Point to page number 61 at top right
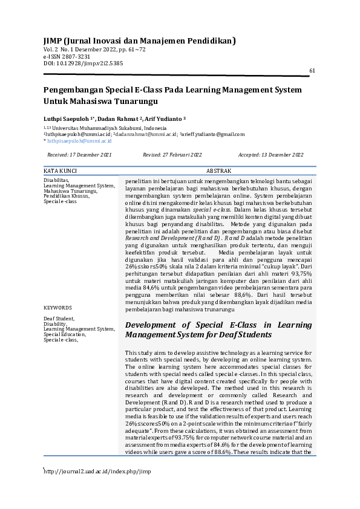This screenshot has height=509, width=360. pos(312,71)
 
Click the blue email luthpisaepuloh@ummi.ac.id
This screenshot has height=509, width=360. pos(79,140)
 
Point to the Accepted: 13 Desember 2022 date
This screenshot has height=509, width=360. pos(270,155)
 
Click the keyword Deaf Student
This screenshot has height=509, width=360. pos(59,318)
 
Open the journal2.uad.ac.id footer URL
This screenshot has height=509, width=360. pos(97,471)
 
